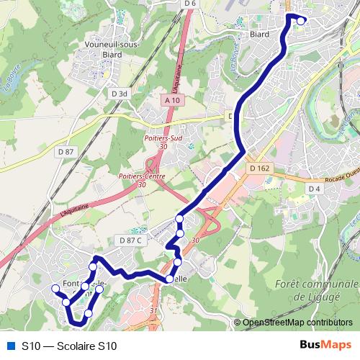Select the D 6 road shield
coord(189,4)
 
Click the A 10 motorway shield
coord(171,101)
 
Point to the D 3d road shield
coord(119,93)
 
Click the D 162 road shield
coord(259,168)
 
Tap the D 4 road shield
coord(313,189)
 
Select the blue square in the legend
coord(10,346)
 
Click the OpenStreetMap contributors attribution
coord(297,323)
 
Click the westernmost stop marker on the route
coord(54,289)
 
